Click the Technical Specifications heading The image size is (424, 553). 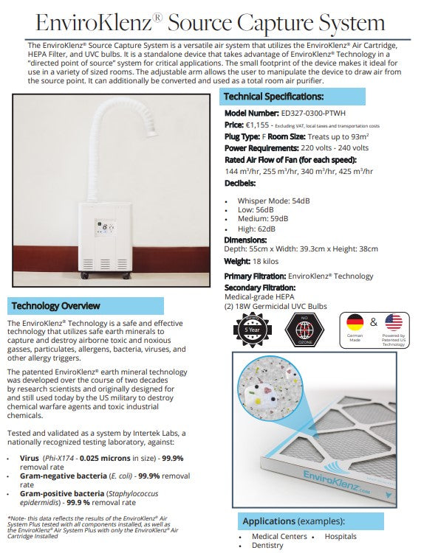(x=273, y=97)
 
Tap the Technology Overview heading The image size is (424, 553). (x=56, y=305)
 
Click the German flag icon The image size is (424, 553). (x=356, y=323)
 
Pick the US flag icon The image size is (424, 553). (x=394, y=323)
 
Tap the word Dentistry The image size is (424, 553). (x=267, y=546)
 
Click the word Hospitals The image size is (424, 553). (x=341, y=536)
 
